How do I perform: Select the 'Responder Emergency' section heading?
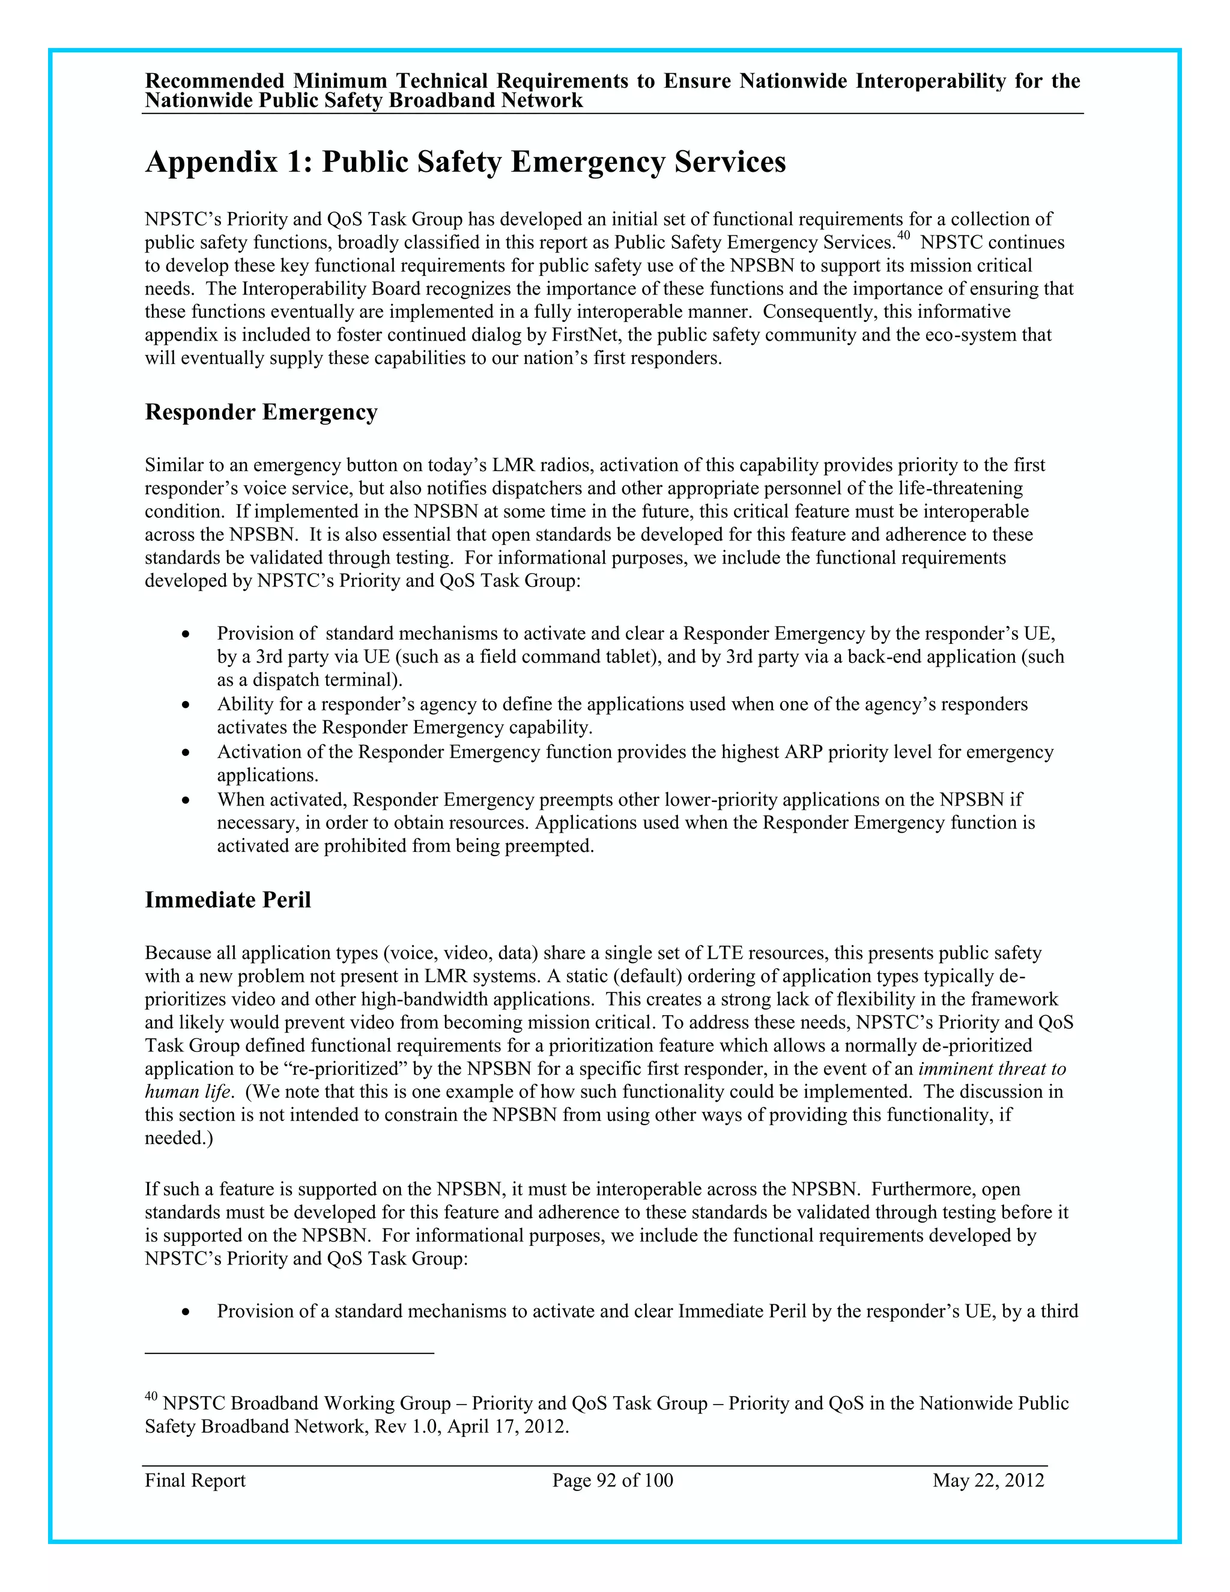(x=261, y=412)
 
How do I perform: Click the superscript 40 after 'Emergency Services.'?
(x=903, y=235)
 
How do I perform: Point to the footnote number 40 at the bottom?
(x=151, y=1396)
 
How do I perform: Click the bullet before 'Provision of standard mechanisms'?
(x=187, y=635)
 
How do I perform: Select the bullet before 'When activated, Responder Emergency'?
(x=187, y=801)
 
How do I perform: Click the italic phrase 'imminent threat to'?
(x=992, y=1069)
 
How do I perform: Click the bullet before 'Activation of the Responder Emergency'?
(x=187, y=753)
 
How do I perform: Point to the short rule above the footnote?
(x=289, y=1354)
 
